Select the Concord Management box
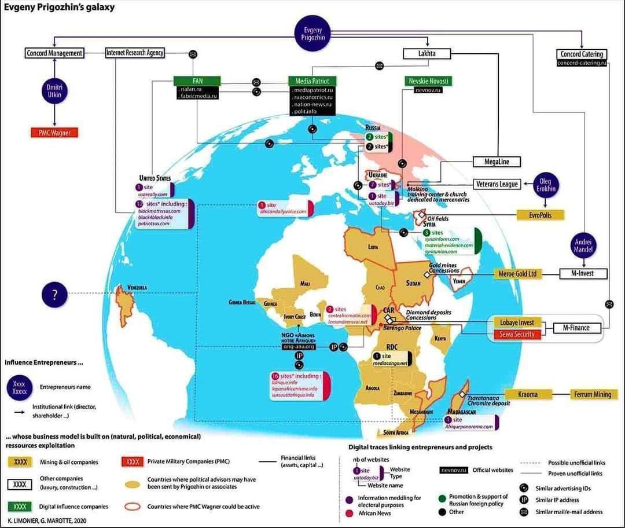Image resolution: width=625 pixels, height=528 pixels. (x=54, y=53)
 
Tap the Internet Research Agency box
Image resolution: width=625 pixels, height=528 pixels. (x=135, y=53)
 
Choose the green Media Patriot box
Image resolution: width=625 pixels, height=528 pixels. (x=312, y=81)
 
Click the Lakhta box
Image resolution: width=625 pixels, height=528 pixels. (x=427, y=54)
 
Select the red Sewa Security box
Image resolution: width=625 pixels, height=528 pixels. (x=517, y=334)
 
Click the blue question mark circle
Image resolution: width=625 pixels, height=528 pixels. (x=55, y=295)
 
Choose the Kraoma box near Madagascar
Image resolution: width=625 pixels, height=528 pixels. (x=527, y=394)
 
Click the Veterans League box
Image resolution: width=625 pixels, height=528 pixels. (x=497, y=184)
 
